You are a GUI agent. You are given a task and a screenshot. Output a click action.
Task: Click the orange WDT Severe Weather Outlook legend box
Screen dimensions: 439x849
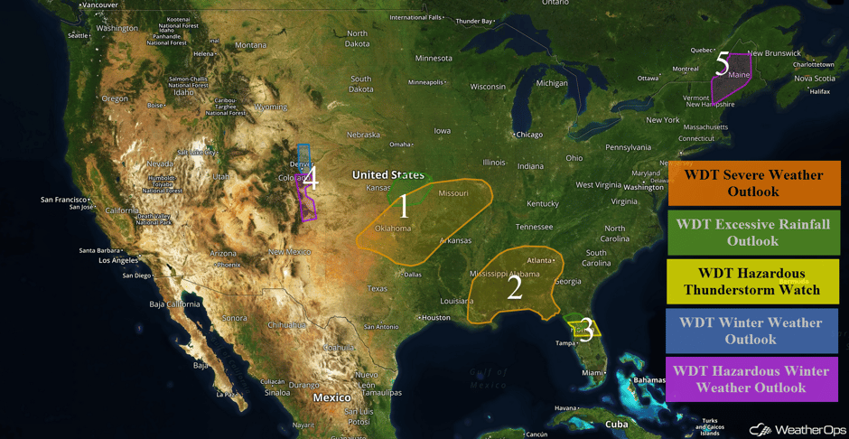point(754,183)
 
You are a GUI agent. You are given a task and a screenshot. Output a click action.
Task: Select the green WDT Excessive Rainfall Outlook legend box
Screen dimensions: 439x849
point(754,233)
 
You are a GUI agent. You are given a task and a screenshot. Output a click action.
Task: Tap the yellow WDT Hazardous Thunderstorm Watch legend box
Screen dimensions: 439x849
point(754,281)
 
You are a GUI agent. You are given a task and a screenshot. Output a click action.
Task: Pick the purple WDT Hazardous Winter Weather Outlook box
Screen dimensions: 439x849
point(751,379)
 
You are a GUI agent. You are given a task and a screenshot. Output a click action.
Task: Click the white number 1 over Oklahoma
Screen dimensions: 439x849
point(404,207)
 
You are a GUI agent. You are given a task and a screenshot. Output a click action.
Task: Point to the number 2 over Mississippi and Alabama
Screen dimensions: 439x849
point(515,287)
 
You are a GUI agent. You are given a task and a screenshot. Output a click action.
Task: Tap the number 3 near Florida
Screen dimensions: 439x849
point(585,331)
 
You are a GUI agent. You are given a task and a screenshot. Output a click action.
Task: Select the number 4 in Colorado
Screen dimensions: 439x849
point(310,178)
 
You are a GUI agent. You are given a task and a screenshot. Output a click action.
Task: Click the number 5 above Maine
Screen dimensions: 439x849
point(722,63)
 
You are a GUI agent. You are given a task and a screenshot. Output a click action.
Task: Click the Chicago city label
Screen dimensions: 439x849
point(528,135)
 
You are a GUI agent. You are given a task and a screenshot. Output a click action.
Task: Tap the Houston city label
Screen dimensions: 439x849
point(435,318)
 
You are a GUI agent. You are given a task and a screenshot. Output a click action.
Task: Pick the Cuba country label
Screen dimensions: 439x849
point(616,424)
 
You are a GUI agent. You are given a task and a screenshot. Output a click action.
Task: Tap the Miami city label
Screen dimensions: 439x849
point(592,372)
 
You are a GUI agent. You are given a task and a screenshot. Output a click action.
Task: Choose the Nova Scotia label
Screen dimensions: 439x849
point(813,78)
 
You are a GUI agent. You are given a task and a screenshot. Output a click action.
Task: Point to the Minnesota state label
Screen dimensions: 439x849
point(433,58)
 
